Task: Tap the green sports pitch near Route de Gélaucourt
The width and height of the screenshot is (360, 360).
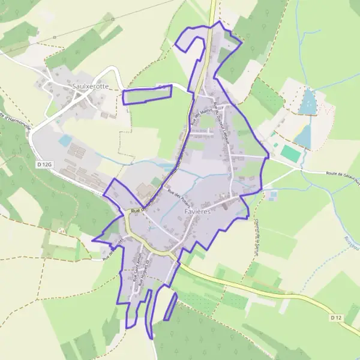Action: click(291, 153)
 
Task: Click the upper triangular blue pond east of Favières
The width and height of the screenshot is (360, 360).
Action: click(308, 102)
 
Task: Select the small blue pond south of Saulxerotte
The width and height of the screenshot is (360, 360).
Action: click(65, 140)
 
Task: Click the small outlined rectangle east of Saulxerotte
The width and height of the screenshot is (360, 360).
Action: click(147, 94)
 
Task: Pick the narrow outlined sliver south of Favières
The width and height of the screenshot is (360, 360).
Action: click(170, 306)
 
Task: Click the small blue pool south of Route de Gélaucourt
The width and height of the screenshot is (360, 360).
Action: click(274, 194)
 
